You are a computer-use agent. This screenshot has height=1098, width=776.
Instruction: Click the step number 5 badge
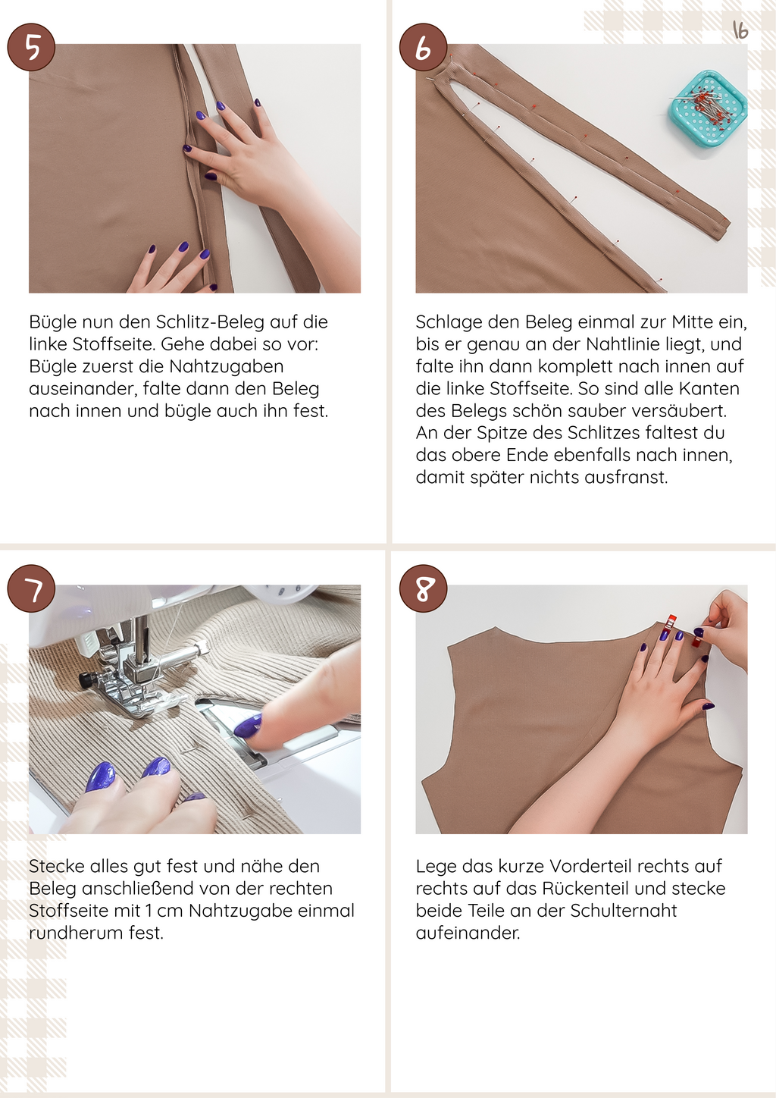coord(31,47)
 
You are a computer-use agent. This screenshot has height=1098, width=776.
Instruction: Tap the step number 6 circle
coord(424,47)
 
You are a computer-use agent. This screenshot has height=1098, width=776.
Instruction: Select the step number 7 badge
coord(31,588)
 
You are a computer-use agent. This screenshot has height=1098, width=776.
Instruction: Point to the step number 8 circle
coord(424,588)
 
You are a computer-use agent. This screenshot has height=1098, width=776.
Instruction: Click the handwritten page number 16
coord(740,30)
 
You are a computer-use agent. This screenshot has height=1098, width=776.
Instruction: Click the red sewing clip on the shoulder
coord(670,623)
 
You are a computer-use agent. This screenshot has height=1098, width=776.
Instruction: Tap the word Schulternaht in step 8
coord(623,911)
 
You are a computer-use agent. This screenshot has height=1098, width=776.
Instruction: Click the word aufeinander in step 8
coord(468,933)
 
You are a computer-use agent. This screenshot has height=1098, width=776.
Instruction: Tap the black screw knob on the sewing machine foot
coord(86,680)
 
